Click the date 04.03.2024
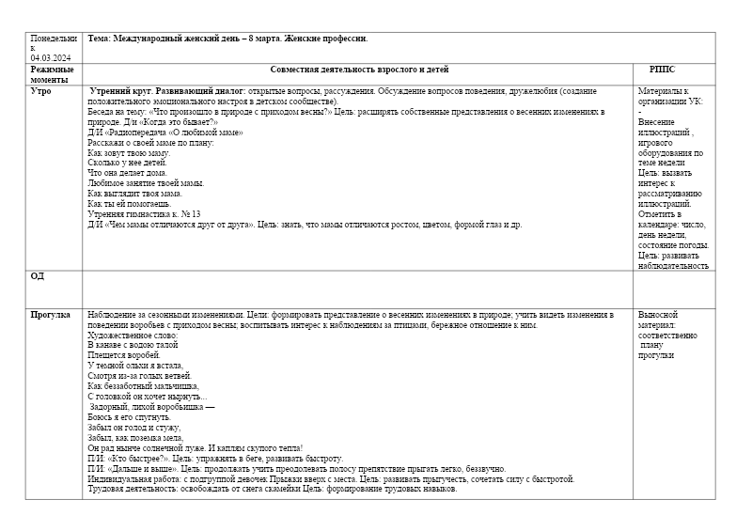click(48, 57)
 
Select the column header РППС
click(662, 70)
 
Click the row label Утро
click(41, 92)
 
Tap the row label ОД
click(38, 276)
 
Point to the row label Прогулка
click(51, 315)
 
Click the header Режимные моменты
click(52, 74)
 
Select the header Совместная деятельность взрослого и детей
click(359, 70)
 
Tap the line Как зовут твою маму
click(129, 152)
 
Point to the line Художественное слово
click(133, 335)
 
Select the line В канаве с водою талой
click(133, 345)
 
